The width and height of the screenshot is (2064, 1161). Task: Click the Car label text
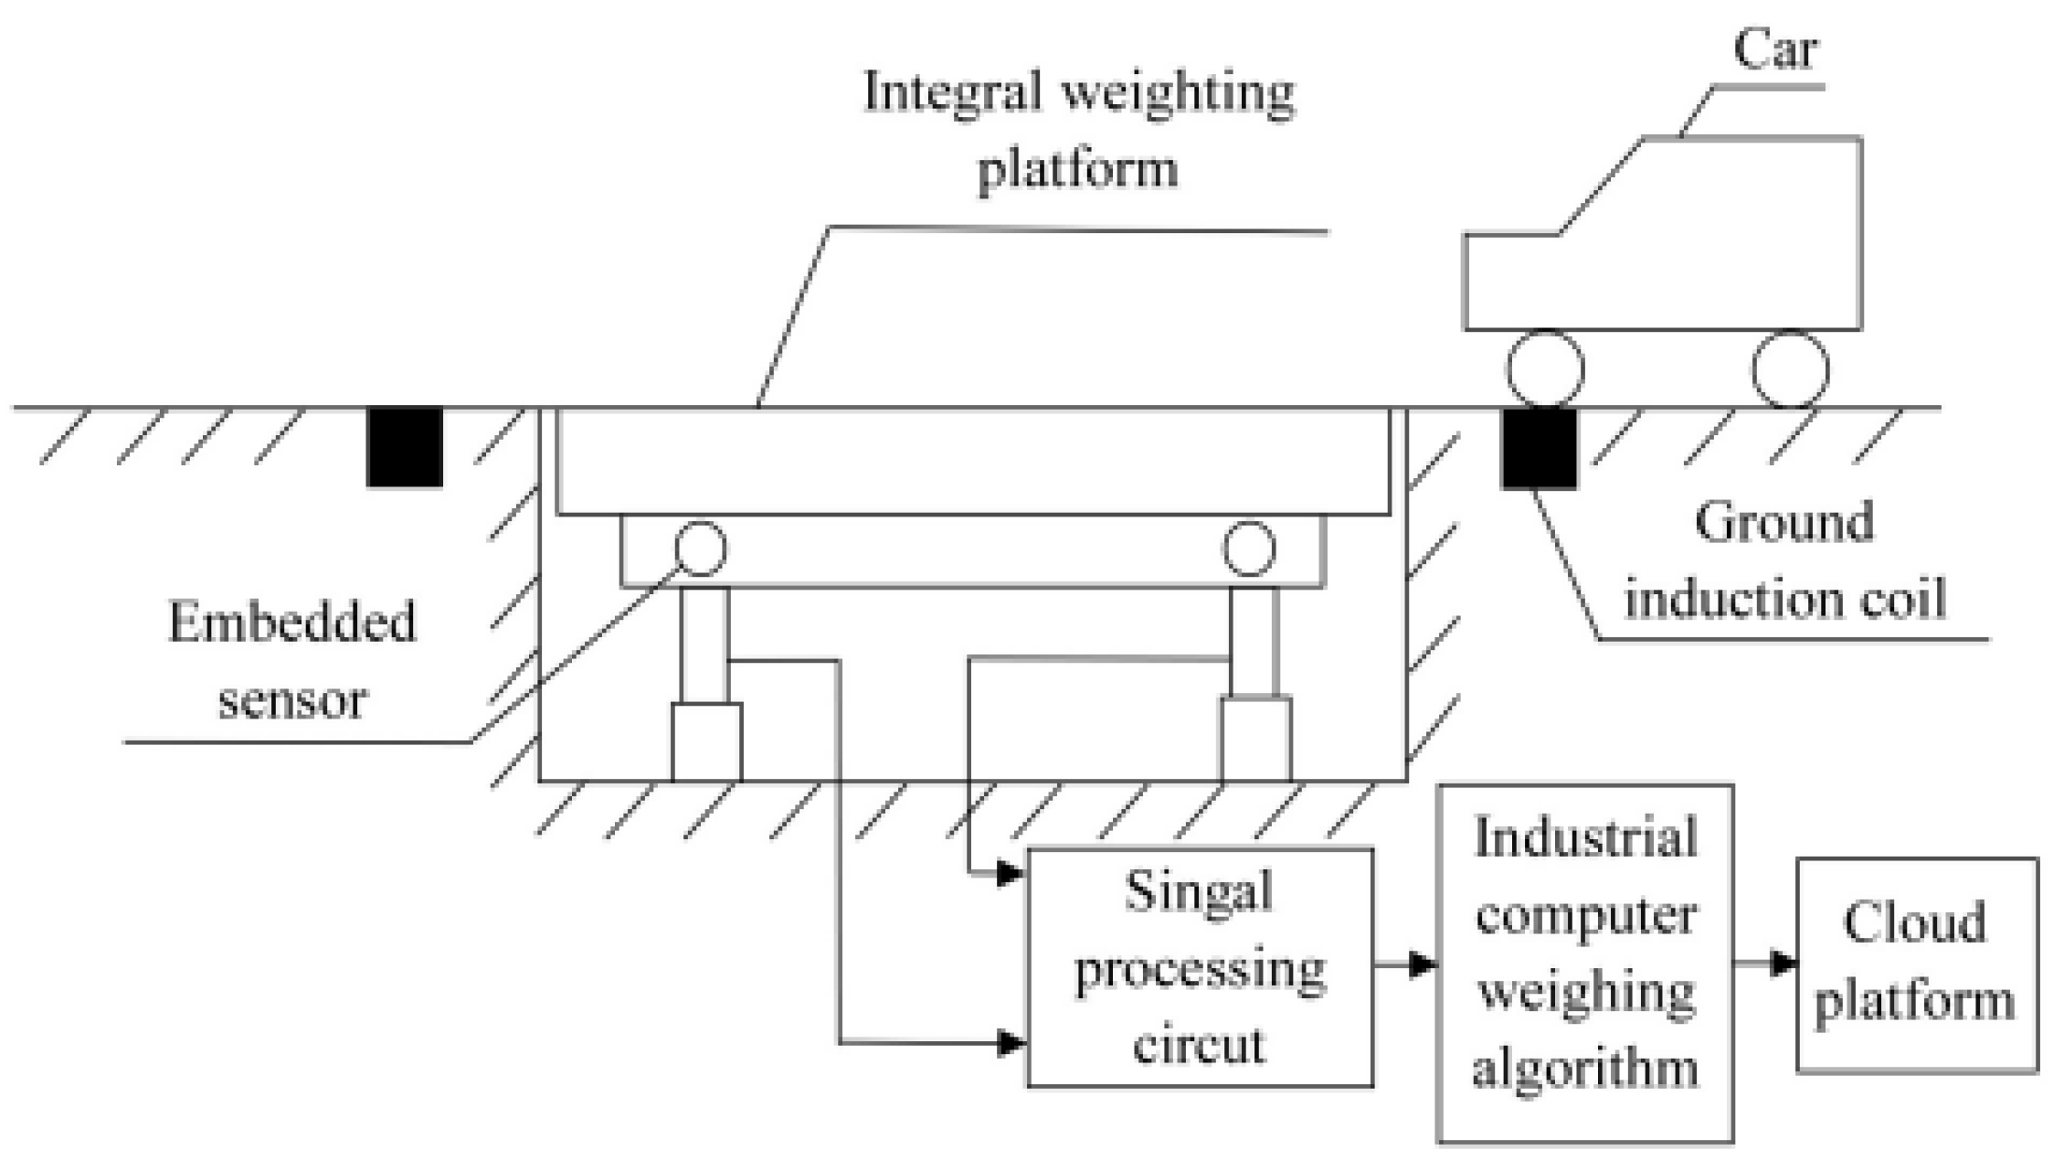point(1774,50)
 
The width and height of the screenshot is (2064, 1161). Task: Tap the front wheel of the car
point(1545,368)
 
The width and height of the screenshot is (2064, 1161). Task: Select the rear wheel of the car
point(1790,368)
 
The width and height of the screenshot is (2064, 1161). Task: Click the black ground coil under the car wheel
point(1540,449)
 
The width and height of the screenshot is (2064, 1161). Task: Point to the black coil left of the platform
point(405,447)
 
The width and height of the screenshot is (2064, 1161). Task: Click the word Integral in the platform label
point(951,92)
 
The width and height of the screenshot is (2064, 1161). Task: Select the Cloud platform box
point(1916,964)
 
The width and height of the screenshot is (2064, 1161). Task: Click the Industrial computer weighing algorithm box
point(1585,964)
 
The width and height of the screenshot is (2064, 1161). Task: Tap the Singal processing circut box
point(1200,968)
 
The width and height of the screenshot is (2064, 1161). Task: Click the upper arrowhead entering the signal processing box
point(1009,873)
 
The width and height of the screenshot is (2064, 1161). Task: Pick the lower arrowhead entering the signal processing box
point(1009,1042)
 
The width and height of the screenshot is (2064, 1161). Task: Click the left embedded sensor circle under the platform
point(701,549)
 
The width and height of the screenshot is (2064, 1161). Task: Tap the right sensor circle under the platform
point(1249,549)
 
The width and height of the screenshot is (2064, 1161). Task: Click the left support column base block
point(706,742)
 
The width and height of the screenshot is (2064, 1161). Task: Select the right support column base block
point(1256,740)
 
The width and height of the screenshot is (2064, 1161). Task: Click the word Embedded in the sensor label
point(292,623)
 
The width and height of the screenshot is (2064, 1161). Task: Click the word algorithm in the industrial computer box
point(1585,1067)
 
